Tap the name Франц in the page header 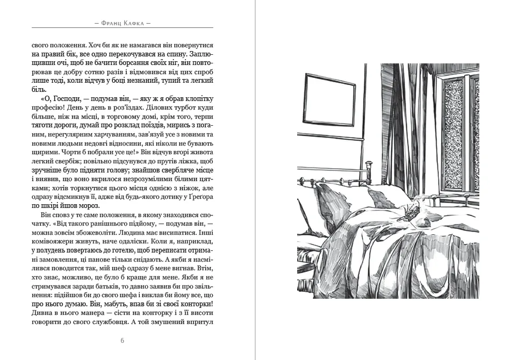[107, 23]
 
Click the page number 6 [123, 341]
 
